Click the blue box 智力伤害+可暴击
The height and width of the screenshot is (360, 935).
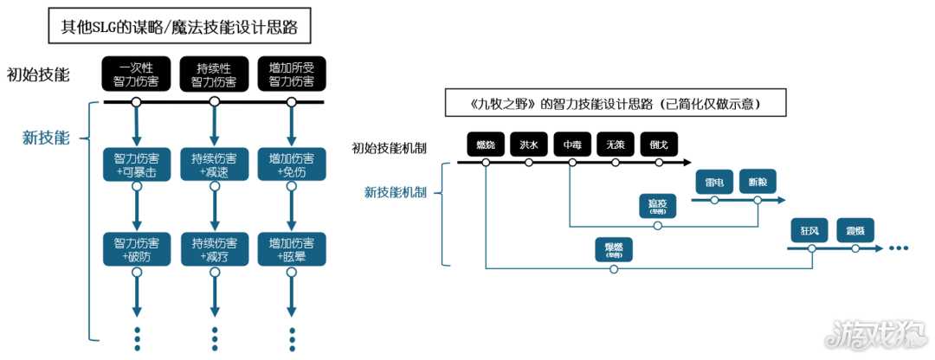(x=136, y=164)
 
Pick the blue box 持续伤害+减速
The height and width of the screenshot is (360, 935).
(x=214, y=164)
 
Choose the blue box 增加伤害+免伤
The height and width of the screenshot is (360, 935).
(x=292, y=164)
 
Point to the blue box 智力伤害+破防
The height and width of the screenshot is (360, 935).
(x=136, y=248)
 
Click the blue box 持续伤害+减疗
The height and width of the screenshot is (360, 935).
(x=214, y=248)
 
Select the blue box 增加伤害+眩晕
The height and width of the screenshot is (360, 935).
(x=292, y=248)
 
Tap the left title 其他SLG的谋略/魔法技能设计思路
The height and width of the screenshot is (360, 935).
(x=179, y=28)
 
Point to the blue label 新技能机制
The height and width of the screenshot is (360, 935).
(x=395, y=192)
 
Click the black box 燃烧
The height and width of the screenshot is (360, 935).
(x=485, y=145)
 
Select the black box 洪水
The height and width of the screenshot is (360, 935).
(x=528, y=145)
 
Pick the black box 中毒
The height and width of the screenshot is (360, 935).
(x=571, y=145)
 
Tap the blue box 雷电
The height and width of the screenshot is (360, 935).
(x=714, y=183)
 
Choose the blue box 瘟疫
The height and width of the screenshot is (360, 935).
(x=658, y=207)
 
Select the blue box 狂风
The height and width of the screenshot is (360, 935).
(x=810, y=231)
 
